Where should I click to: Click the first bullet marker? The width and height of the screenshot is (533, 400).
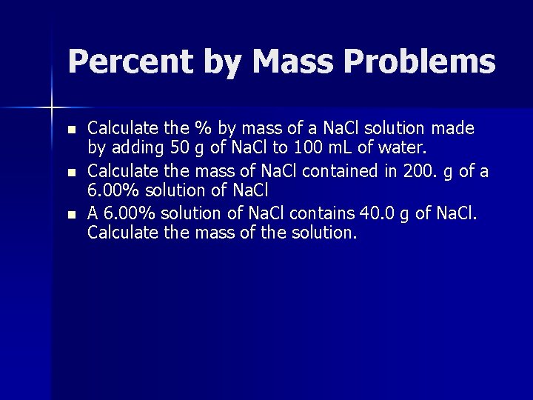pos(71,129)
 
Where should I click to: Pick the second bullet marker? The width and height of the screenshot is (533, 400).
pos(71,172)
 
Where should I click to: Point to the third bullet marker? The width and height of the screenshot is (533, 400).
pos(71,214)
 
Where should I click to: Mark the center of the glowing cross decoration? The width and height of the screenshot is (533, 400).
pos(52,108)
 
